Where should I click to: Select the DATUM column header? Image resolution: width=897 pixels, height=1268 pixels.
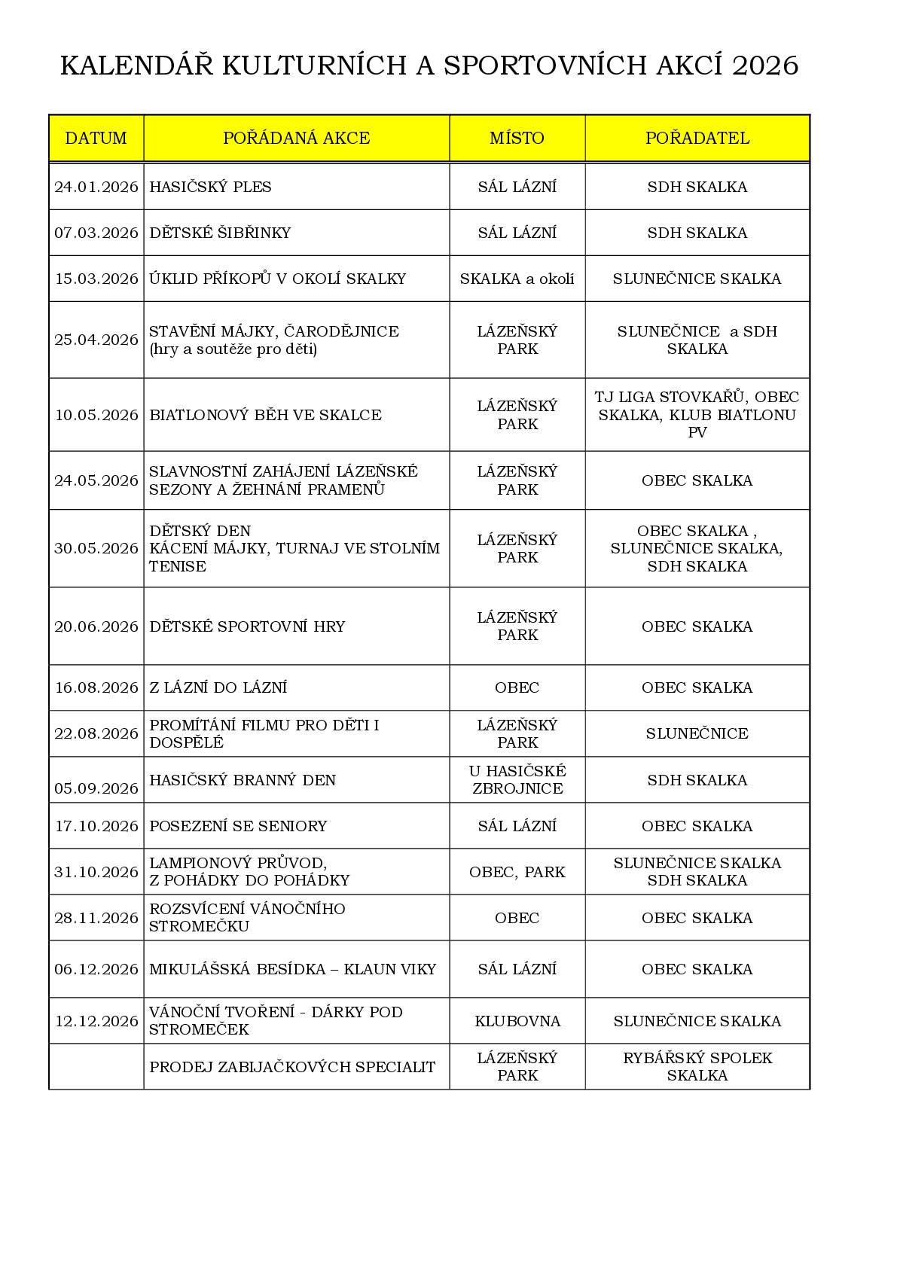coord(96,138)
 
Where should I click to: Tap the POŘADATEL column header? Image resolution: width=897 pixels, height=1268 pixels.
coord(697,138)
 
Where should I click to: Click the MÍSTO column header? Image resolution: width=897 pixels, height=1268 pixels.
coord(517,138)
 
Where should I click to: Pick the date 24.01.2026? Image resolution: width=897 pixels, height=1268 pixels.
coord(96,187)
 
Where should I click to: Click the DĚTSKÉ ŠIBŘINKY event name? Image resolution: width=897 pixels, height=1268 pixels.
coord(220,233)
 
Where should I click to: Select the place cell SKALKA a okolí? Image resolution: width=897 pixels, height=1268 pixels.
coord(517,279)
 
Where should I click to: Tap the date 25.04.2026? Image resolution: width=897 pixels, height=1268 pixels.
coord(96,340)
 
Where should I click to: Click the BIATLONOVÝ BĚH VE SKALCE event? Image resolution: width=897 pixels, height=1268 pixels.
coord(265,415)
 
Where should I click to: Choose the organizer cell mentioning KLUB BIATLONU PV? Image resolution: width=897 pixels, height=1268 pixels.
coord(697,415)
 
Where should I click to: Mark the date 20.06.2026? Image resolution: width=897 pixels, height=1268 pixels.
coord(96,626)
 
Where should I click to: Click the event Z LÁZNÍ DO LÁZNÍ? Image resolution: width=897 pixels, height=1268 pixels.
coord(218,687)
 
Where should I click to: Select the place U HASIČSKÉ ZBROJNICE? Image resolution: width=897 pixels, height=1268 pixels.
coord(517,779)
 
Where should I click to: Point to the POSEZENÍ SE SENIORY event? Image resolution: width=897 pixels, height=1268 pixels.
coord(238,826)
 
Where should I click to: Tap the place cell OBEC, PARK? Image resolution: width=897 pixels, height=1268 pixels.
coord(517,872)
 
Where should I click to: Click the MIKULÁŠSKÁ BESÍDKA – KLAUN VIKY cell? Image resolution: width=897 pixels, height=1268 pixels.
coord(292,969)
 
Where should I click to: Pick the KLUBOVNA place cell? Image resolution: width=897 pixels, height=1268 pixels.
coord(517,1021)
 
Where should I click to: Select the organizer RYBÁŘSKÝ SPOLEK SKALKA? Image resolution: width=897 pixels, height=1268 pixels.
coord(697,1066)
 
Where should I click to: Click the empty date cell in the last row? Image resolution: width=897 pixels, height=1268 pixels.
coord(96,1066)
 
